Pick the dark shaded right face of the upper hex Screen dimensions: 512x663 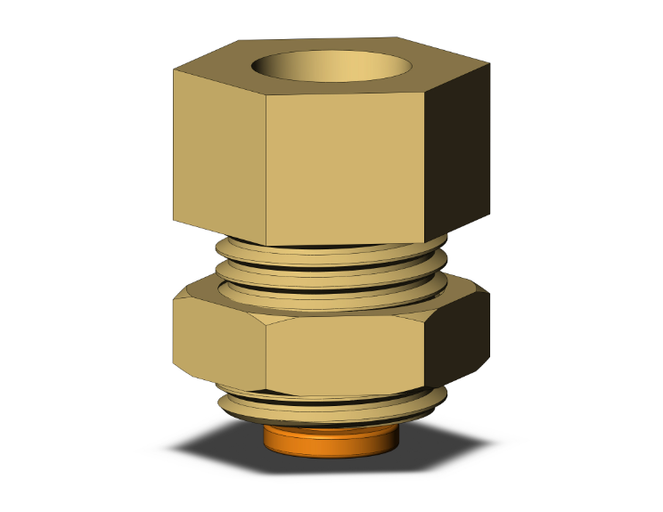click(458, 151)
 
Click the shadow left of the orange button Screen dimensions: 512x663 click(223, 443)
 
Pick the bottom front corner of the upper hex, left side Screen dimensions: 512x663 click(266, 245)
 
